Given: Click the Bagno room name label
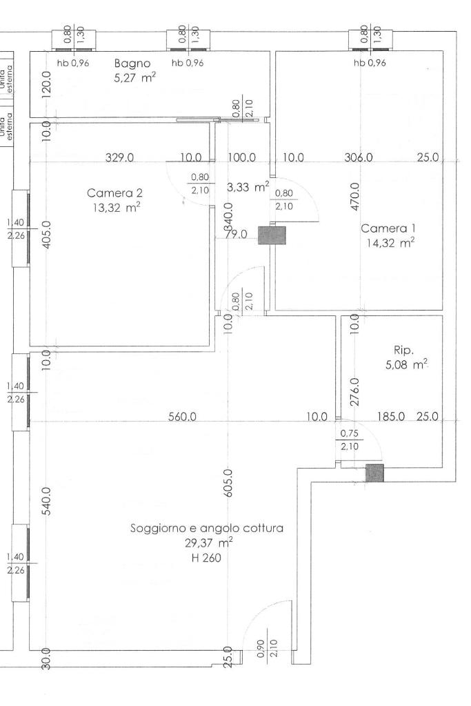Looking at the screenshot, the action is coord(132,63).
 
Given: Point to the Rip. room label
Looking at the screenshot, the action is coord(403,349).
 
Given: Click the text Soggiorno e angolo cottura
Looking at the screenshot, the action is coord(207,529).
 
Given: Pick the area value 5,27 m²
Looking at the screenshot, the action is coord(134,78).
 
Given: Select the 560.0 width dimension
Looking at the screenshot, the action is coord(183,417).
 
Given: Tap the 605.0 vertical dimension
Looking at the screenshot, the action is coord(229,483).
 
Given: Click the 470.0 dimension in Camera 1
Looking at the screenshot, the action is coord(354,196).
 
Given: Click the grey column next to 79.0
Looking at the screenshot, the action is coord(272,235).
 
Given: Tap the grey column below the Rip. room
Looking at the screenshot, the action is coord(374,473).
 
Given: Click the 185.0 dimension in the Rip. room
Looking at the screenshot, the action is coord(390,417).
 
